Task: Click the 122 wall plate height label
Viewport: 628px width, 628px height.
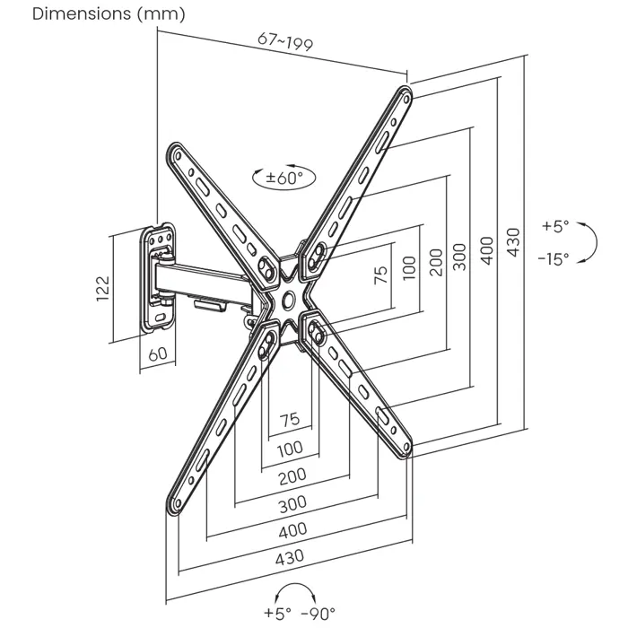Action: click(x=102, y=286)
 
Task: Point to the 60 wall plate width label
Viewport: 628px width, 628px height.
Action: click(x=157, y=353)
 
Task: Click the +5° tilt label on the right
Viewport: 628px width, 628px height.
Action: click(x=556, y=227)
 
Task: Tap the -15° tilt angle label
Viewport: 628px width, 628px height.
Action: click(x=554, y=259)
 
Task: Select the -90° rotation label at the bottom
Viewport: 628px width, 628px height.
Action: click(x=318, y=614)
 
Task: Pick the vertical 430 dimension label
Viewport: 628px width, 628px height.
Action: click(x=512, y=242)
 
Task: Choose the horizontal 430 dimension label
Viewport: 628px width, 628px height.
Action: click(x=289, y=556)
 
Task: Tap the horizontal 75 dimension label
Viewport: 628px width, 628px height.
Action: click(x=289, y=419)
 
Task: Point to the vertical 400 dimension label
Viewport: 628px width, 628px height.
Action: click(x=486, y=249)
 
